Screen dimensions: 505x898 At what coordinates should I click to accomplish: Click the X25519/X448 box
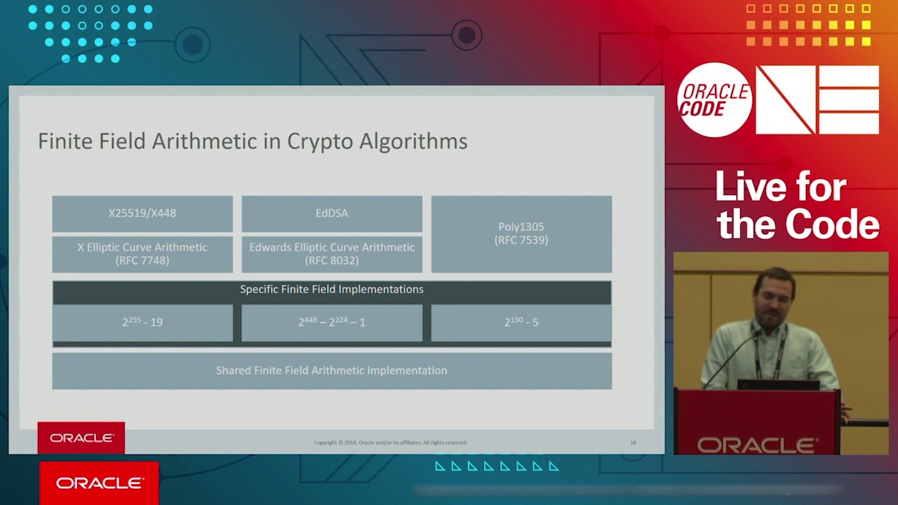pyautogui.click(x=142, y=213)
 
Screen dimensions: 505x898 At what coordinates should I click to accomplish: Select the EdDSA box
pyautogui.click(x=332, y=213)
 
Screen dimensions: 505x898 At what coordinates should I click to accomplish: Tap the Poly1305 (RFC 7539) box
pyautogui.click(x=521, y=234)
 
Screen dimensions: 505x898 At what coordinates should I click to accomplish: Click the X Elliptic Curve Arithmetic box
pyautogui.click(x=142, y=254)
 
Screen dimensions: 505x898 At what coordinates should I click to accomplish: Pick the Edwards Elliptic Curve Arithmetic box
pyautogui.click(x=332, y=254)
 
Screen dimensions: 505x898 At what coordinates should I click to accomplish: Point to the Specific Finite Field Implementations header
pyautogui.click(x=332, y=290)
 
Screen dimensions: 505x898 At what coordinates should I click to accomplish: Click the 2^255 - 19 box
pyautogui.click(x=142, y=322)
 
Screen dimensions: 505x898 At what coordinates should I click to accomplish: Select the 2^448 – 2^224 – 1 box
pyautogui.click(x=332, y=322)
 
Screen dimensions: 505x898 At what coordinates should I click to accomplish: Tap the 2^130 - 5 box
pyautogui.click(x=521, y=322)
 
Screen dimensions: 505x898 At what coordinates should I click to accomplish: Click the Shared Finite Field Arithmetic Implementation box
pyautogui.click(x=332, y=370)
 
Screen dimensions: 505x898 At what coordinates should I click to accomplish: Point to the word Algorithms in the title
pyautogui.click(x=413, y=142)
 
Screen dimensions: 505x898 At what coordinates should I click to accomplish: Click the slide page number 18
pyautogui.click(x=633, y=443)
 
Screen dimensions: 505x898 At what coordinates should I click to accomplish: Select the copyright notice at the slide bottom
pyautogui.click(x=390, y=443)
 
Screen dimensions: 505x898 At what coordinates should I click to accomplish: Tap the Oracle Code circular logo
pyautogui.click(x=714, y=100)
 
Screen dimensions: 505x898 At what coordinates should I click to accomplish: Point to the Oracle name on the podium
pyautogui.click(x=758, y=445)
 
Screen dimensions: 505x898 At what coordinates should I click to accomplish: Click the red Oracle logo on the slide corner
pyautogui.click(x=81, y=438)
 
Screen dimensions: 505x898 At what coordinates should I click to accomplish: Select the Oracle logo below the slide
pyautogui.click(x=100, y=483)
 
